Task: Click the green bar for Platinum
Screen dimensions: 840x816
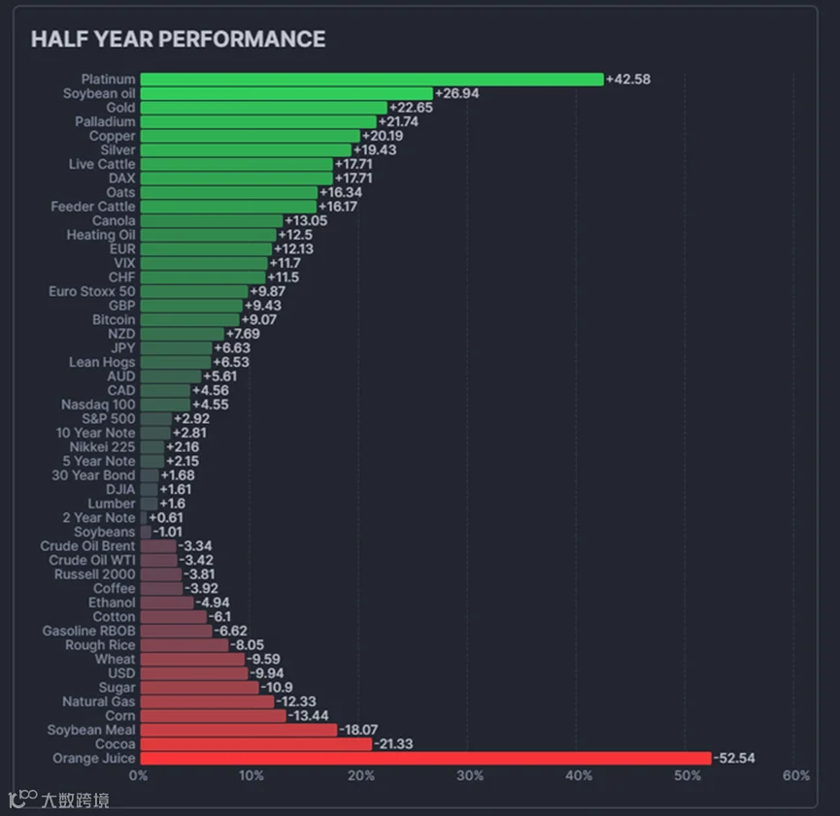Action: (372, 80)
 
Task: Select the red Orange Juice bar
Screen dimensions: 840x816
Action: (426, 758)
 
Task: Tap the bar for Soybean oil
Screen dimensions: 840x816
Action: (286, 94)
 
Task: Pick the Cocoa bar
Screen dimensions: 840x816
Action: (256, 744)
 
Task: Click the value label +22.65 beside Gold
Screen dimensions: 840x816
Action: (411, 108)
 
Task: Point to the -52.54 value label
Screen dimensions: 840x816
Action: (734, 758)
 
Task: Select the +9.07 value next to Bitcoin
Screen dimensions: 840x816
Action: (258, 319)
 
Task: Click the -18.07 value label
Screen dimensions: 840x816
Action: (358, 730)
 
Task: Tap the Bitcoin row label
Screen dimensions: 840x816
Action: (114, 319)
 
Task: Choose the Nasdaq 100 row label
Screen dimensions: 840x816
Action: (98, 405)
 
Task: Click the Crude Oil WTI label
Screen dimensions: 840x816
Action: (92, 560)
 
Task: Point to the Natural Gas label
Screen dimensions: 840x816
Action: (99, 702)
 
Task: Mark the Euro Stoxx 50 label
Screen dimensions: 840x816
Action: (92, 291)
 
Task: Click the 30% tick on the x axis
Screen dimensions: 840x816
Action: (470, 775)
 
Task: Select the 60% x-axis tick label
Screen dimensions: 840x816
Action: (796, 775)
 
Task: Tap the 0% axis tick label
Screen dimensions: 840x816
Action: (138, 775)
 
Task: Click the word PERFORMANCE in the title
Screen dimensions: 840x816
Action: (242, 39)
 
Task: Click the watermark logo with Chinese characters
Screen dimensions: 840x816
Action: (59, 800)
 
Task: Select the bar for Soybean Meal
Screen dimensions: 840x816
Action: (239, 730)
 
